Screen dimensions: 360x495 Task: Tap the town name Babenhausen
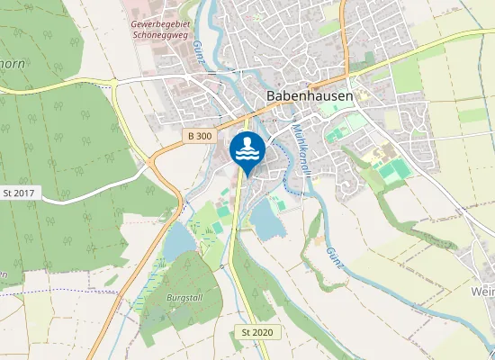coord(308,94)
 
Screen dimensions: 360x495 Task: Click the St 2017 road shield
coord(18,193)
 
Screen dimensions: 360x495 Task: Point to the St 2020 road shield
coord(256,332)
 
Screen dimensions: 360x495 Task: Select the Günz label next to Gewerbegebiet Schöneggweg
coord(198,53)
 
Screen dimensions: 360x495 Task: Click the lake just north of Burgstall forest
coord(178,241)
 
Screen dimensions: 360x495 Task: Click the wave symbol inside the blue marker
coord(247,155)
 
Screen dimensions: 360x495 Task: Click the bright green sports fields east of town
coord(391,169)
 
